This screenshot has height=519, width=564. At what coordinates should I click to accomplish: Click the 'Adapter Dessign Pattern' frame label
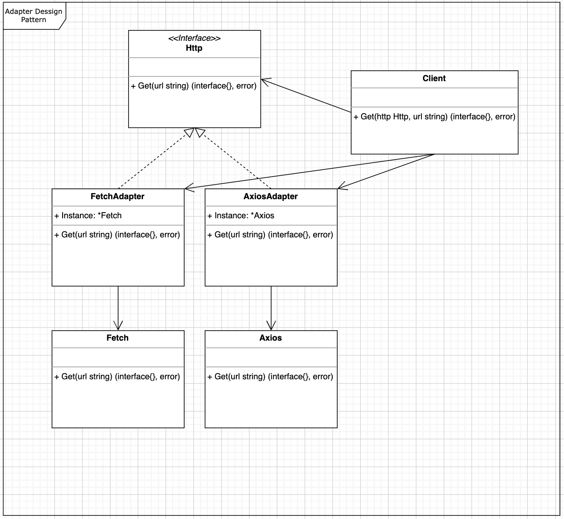coord(33,16)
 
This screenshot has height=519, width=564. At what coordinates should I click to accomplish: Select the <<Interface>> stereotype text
coord(194,38)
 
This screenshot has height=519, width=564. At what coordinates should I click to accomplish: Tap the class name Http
coord(194,48)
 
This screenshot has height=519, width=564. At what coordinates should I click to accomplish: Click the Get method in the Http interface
coord(193,85)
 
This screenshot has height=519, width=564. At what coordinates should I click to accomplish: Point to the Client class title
coord(434,79)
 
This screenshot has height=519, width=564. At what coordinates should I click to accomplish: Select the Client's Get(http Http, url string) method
coord(435,117)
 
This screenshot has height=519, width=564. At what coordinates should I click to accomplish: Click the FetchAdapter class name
coord(117,196)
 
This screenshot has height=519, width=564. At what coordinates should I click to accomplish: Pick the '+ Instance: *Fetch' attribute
coord(88,215)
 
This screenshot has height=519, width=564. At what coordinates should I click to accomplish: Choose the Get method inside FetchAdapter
coord(117,234)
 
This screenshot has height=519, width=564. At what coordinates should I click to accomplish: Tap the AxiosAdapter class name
coord(270,196)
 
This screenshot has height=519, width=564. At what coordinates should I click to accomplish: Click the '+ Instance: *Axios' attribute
coord(241,215)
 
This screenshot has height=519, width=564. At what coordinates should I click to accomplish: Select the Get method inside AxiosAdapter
coord(270,234)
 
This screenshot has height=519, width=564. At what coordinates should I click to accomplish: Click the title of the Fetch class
coord(117,338)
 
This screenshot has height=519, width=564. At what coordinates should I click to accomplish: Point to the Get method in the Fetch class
coord(117,376)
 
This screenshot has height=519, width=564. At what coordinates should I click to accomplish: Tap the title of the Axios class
coord(270,338)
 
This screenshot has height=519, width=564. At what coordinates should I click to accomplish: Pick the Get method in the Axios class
coord(270,376)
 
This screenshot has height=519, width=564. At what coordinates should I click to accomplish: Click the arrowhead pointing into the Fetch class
coord(118,326)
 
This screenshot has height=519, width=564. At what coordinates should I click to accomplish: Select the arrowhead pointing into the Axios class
coord(271,326)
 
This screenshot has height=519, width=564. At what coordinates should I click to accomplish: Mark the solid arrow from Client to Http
coord(306,96)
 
